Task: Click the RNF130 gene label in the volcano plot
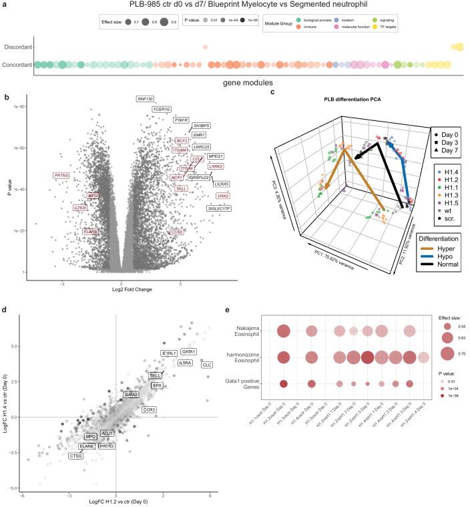click(146, 99)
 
